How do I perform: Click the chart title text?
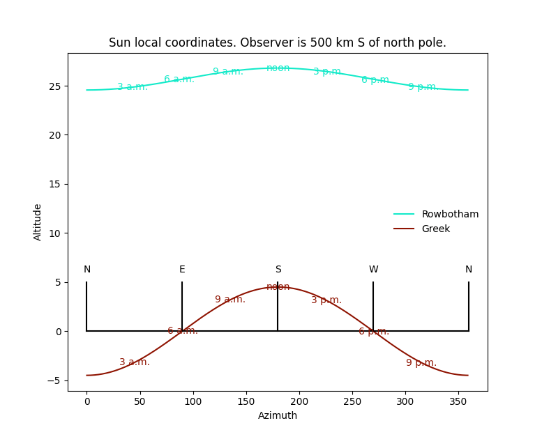coord(278,43)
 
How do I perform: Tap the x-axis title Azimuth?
coord(278,416)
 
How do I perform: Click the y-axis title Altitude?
coord(38,222)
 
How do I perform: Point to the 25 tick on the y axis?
coord(56,86)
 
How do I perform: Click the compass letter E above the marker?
coord(182,270)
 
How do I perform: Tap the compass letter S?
coord(278,270)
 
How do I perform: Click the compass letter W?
coord(373,270)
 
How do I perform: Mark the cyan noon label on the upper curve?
coord(278,68)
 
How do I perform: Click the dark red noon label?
coord(278,287)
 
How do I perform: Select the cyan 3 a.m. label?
coord(133,87)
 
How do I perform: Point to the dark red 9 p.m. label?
coord(421,363)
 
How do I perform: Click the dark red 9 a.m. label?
coord(230,300)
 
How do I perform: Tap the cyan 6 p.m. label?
coord(375,80)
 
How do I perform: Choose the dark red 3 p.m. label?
coord(326,300)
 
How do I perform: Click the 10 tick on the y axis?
coord(56,233)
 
